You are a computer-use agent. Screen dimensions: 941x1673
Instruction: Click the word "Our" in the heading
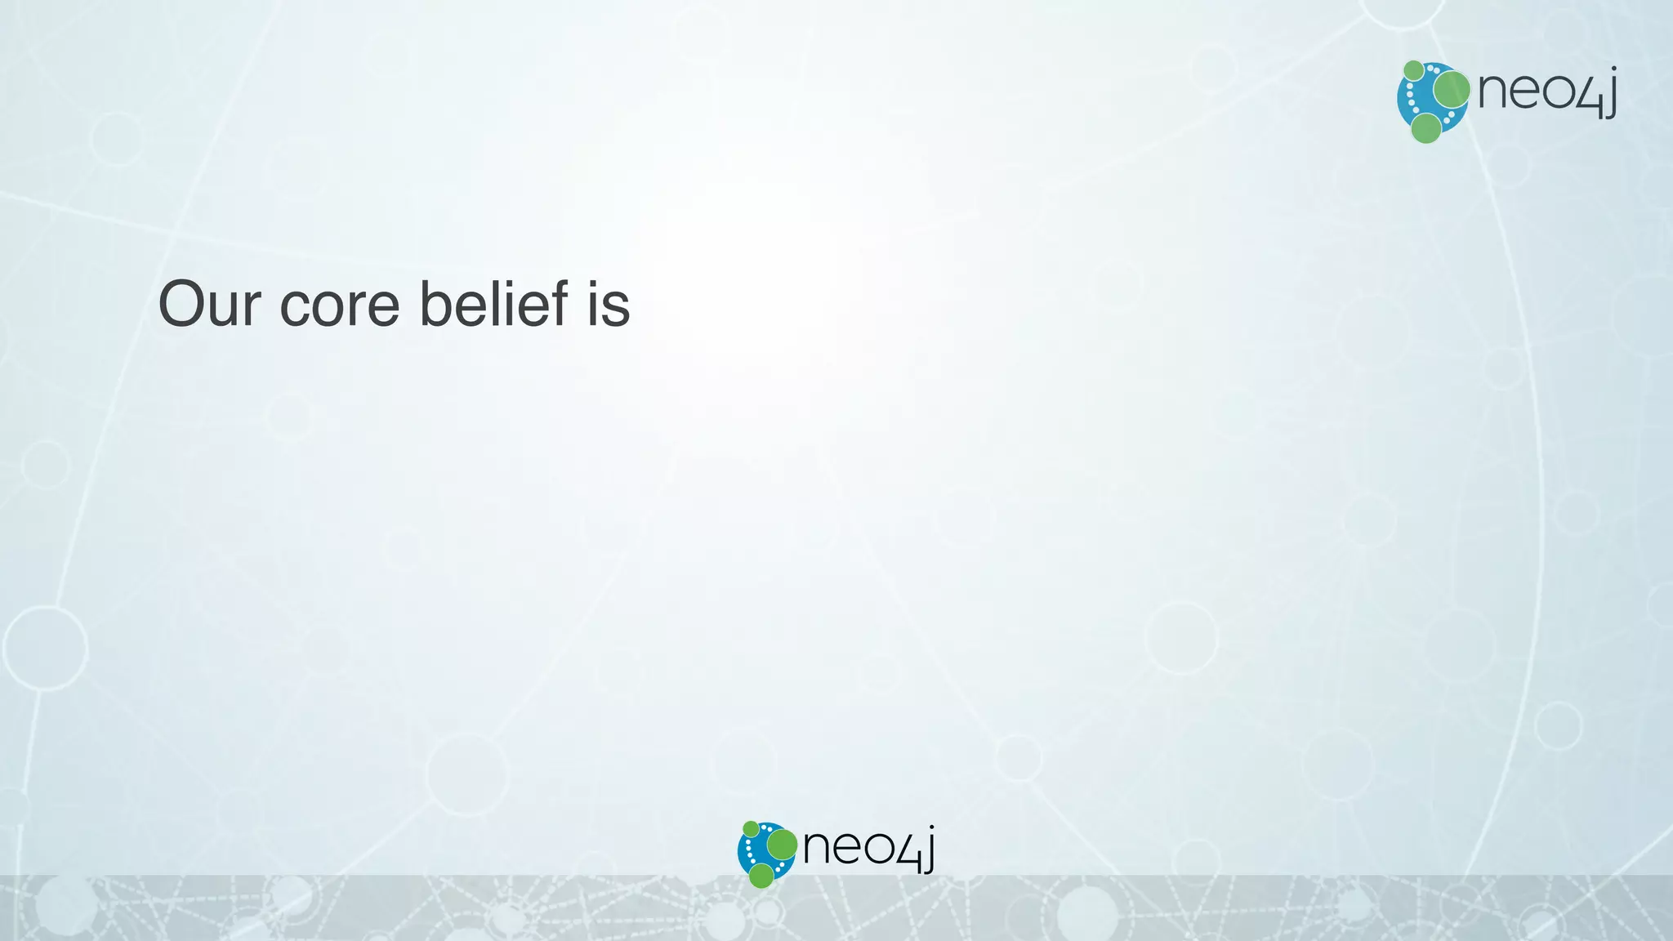click(x=209, y=305)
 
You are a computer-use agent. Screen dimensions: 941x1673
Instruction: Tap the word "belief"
click(x=493, y=304)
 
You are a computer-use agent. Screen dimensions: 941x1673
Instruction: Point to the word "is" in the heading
click(x=609, y=305)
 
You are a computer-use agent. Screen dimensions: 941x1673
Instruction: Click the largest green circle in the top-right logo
click(x=1452, y=89)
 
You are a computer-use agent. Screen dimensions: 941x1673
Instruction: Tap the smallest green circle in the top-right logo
click(x=1413, y=70)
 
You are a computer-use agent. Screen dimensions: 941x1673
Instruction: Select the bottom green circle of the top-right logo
click(x=1426, y=128)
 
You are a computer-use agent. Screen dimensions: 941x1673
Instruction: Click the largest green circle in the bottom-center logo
click(x=782, y=845)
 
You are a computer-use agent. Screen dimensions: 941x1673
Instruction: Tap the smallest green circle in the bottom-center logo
click(x=751, y=829)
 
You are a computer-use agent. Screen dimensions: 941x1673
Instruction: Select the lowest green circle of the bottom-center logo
click(x=761, y=876)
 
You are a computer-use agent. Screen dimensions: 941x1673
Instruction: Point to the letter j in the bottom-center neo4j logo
click(x=928, y=850)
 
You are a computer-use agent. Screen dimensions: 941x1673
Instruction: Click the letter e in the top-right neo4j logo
click(x=1524, y=91)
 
